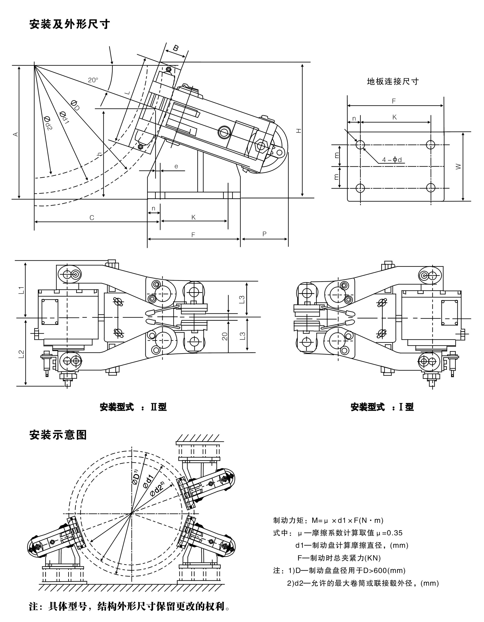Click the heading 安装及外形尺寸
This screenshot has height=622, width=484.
pyautogui.click(x=70, y=25)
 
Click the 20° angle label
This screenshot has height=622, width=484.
pyautogui.click(x=93, y=80)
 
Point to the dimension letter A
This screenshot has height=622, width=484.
pyautogui.click(x=16, y=134)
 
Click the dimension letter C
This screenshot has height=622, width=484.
pyautogui.click(x=92, y=218)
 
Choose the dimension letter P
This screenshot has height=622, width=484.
pyautogui.click(x=264, y=234)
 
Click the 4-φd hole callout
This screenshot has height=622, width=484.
pyautogui.click(x=392, y=160)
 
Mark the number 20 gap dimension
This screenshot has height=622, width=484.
pyautogui.click(x=225, y=336)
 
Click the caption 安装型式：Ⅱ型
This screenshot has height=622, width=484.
pyautogui.click(x=133, y=407)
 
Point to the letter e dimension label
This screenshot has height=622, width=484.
pyautogui.click(x=176, y=166)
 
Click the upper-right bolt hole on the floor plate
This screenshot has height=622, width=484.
pyautogui.click(x=431, y=145)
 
